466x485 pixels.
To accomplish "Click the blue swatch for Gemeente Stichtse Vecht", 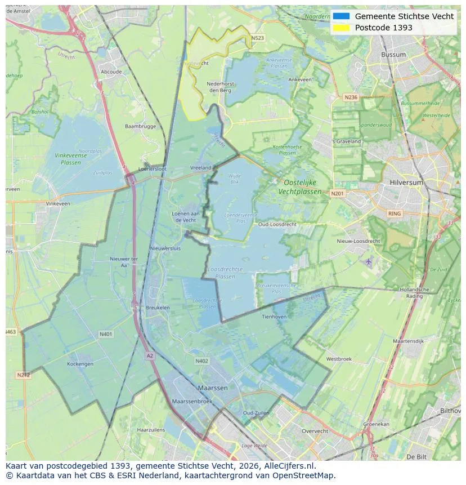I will pyautogui.click(x=341, y=16).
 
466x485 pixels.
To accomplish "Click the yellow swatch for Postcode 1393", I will pyautogui.click(x=341, y=28).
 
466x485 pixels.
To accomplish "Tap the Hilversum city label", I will pyautogui.click(x=406, y=183).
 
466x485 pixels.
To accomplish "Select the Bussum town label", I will pyautogui.click(x=393, y=55).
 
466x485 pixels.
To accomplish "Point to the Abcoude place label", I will pyautogui.click(x=111, y=72).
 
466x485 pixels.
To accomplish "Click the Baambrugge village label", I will pyautogui.click(x=140, y=127).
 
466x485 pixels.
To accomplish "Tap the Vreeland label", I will pyautogui.click(x=200, y=168).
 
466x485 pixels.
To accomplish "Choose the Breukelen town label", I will pyautogui.click(x=158, y=308).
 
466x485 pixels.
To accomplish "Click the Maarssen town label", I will pyautogui.click(x=213, y=388).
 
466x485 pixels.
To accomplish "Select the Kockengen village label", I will pyautogui.click(x=80, y=364).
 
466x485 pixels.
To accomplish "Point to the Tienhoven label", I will pyautogui.click(x=274, y=317).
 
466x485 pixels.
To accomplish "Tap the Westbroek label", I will pyautogui.click(x=339, y=359).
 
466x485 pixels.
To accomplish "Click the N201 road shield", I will pyautogui.click(x=337, y=194).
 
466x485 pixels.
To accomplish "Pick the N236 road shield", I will pyautogui.click(x=351, y=97).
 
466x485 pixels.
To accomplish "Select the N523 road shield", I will pyautogui.click(x=257, y=38).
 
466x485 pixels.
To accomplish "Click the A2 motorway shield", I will pyautogui.click(x=149, y=356).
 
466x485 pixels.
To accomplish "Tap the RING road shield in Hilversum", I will pyautogui.click(x=395, y=213).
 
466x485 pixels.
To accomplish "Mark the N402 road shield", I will pyautogui.click(x=201, y=361).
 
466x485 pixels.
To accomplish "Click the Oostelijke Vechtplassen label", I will pyautogui.click(x=300, y=187).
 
